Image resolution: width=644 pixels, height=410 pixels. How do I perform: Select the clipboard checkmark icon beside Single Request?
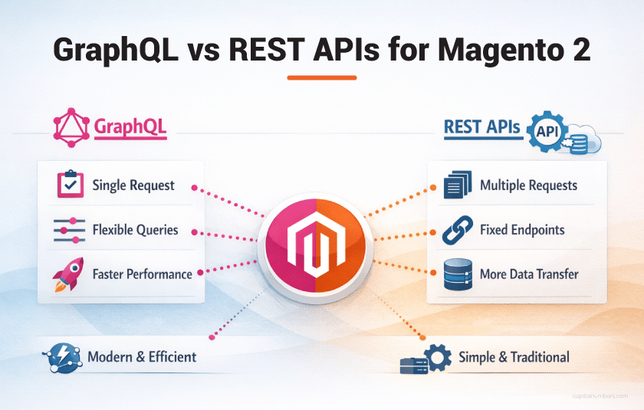point(71,185)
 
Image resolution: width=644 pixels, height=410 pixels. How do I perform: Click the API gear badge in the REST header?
point(549,131)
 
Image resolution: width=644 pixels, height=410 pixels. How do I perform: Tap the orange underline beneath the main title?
point(321,77)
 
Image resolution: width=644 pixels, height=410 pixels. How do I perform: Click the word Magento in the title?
point(501,48)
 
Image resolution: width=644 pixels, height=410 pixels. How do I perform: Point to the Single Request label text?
point(133,185)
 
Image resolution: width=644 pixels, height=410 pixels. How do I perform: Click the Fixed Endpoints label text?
point(522,230)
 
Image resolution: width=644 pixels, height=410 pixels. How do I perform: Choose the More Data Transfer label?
point(529,274)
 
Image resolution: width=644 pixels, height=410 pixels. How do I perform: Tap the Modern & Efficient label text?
point(142,357)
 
